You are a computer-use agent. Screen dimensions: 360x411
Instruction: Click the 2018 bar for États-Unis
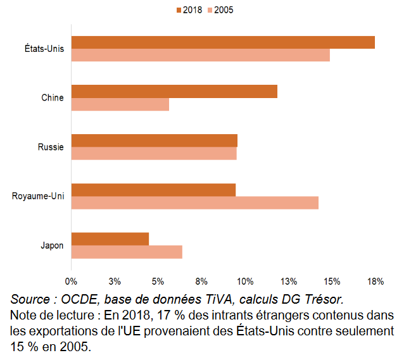[x=223, y=42]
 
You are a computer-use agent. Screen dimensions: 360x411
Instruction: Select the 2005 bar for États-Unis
[x=200, y=56]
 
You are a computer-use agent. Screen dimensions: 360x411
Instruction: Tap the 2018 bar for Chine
[x=174, y=92]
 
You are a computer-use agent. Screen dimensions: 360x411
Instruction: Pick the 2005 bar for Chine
[x=120, y=104]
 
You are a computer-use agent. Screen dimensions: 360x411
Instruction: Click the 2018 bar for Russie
[x=155, y=140]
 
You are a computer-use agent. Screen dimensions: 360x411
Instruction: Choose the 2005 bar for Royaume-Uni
[x=195, y=202]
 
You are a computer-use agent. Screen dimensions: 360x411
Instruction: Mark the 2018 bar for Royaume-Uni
[x=153, y=190]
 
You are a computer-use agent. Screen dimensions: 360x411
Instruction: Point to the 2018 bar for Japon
[x=110, y=239]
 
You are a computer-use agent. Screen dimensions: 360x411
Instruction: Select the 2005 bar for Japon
[x=127, y=252]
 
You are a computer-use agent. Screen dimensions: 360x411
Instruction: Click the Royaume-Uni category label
[x=37, y=196]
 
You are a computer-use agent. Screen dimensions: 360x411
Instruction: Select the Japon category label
[x=51, y=245]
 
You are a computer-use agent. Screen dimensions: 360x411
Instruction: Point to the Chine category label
[x=52, y=98]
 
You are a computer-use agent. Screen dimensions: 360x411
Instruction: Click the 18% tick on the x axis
[x=375, y=281]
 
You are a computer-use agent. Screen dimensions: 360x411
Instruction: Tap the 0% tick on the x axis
[x=71, y=281]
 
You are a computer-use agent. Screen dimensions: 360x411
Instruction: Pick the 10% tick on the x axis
[x=245, y=281]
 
